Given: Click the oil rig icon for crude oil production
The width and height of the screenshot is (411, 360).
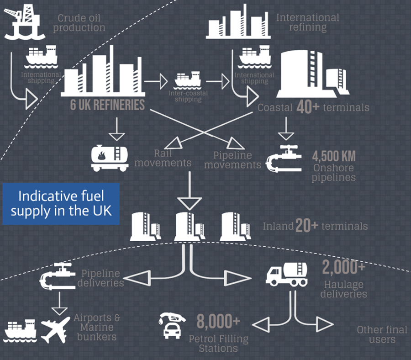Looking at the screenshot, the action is click(x=24, y=22).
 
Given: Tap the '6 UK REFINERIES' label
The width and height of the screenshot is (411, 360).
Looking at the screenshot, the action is click(x=107, y=105).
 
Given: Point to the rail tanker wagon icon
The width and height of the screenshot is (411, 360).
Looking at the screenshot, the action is click(x=110, y=158).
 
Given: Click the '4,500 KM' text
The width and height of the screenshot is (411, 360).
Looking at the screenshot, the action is click(x=334, y=156).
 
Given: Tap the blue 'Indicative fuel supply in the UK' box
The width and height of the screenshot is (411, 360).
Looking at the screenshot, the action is click(x=61, y=204).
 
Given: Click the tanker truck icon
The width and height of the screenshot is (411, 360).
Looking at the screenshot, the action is click(x=286, y=274).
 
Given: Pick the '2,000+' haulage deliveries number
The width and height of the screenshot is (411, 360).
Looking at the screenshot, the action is click(x=343, y=267).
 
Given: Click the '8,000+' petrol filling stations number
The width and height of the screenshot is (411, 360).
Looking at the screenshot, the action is click(x=218, y=321).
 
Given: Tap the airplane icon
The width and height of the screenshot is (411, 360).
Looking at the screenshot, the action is click(x=56, y=330).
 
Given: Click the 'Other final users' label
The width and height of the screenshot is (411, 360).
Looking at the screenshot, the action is click(x=382, y=334).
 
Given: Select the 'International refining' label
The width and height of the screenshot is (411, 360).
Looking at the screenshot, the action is click(x=308, y=22).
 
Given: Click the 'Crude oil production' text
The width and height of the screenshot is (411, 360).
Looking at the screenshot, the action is click(x=79, y=23).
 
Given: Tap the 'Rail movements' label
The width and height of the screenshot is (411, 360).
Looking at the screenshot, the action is click(x=163, y=158).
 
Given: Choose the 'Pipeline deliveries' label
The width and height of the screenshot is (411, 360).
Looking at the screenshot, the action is click(x=100, y=278).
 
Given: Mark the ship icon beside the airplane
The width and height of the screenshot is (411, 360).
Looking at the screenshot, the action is click(x=20, y=331).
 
